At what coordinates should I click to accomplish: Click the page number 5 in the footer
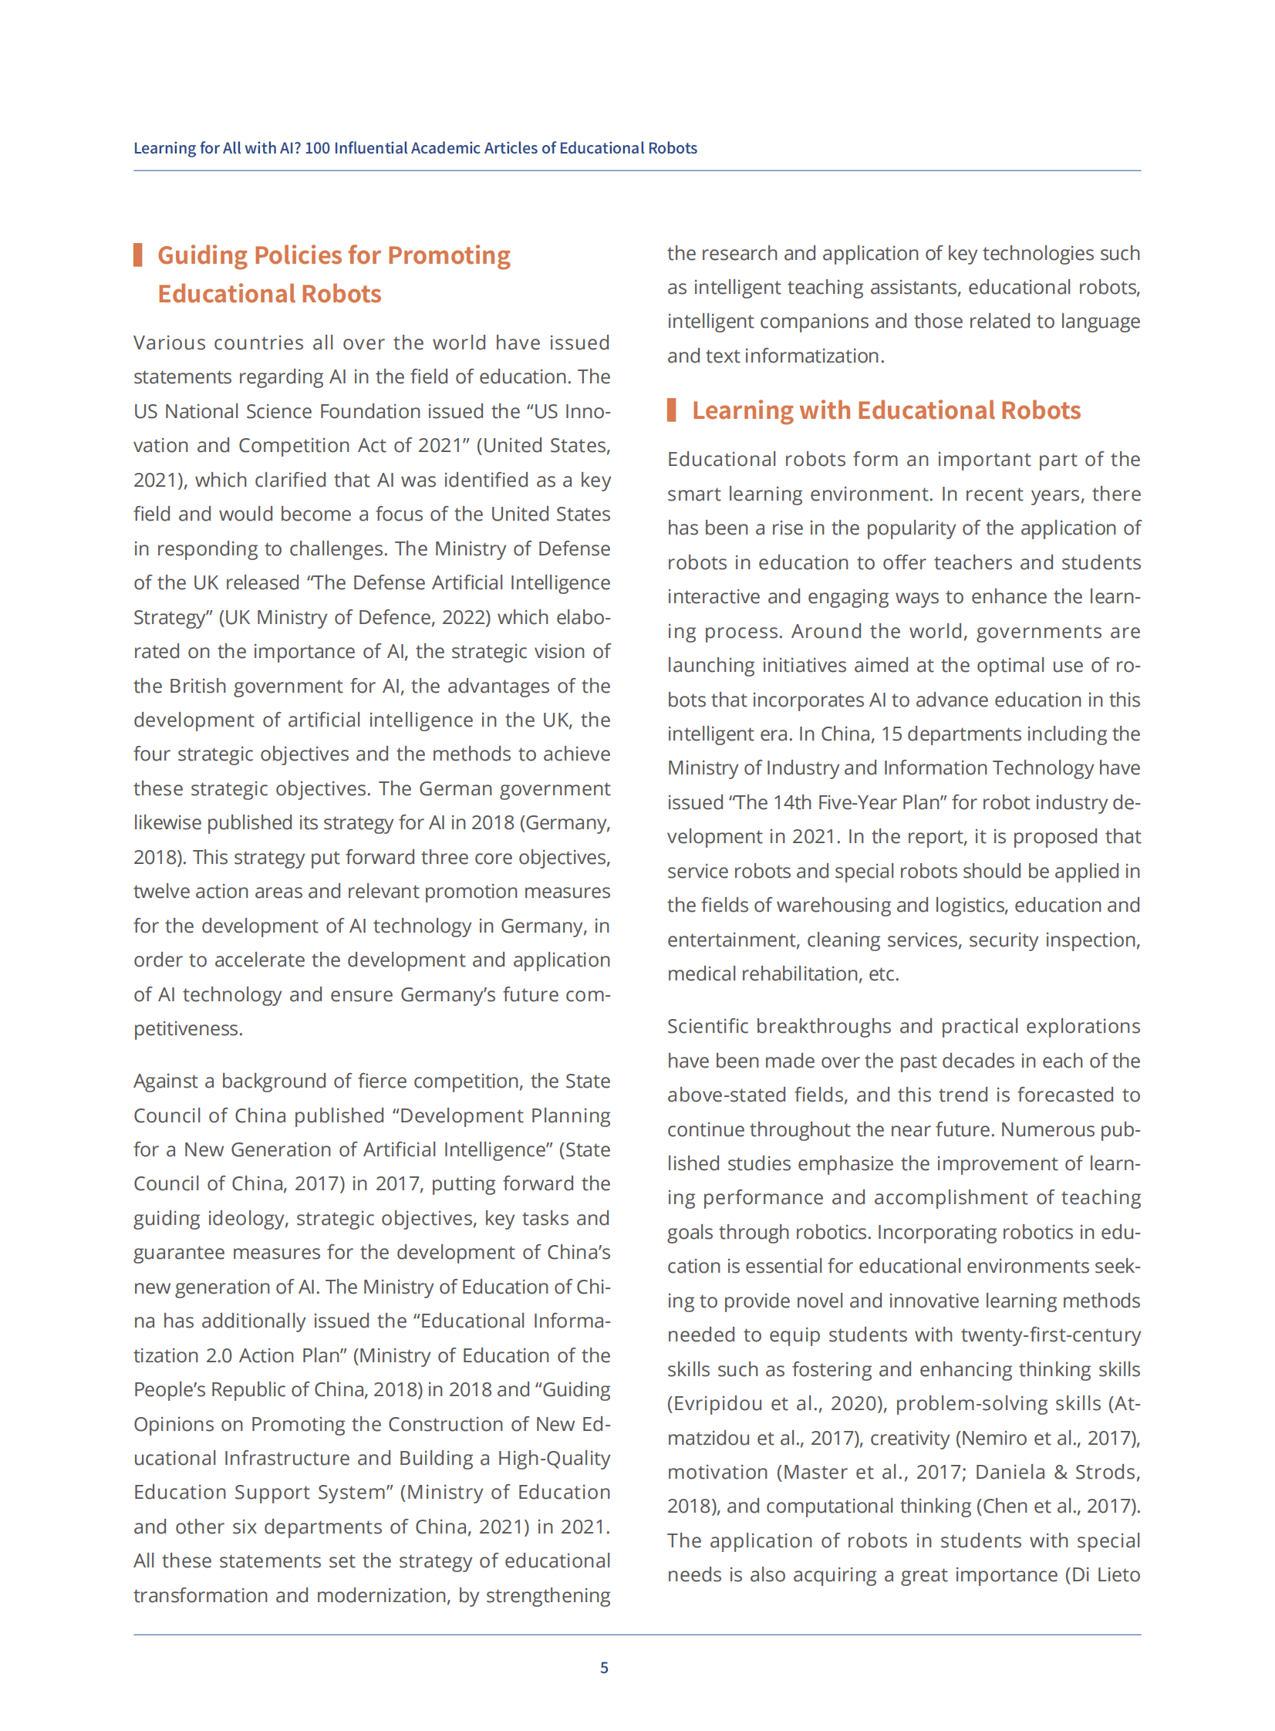604,1667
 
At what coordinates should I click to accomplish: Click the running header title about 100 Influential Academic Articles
415,148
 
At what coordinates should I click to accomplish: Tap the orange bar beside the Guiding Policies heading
138,255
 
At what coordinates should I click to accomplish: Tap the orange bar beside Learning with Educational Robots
672,410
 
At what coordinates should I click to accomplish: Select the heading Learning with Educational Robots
886,410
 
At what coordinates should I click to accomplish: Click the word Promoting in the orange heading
448,255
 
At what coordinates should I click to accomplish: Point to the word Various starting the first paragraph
169,342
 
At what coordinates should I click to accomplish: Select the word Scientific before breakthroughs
708,1027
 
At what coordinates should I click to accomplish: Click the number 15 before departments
892,734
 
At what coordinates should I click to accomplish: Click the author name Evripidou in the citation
717,1403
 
